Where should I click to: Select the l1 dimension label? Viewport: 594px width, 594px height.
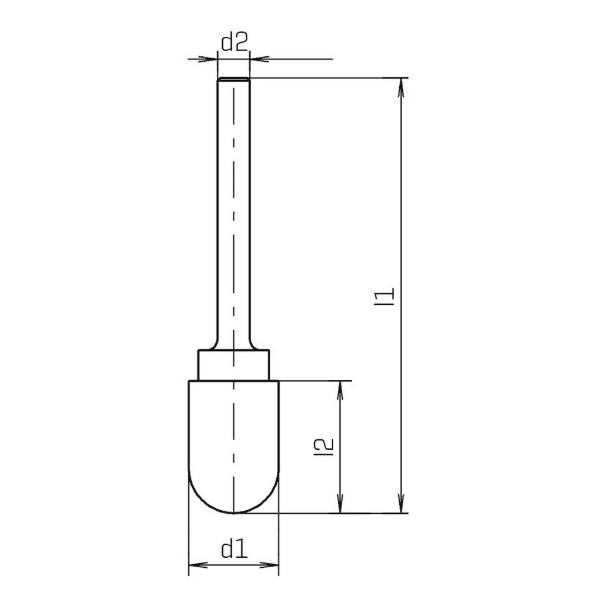pyautogui.click(x=384, y=296)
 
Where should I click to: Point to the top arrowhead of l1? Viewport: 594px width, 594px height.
pyautogui.click(x=401, y=87)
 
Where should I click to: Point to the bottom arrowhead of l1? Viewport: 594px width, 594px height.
pyautogui.click(x=401, y=504)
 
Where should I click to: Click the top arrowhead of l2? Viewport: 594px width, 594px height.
pyautogui.click(x=340, y=391)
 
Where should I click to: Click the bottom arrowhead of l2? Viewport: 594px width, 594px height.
pyautogui.click(x=340, y=504)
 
